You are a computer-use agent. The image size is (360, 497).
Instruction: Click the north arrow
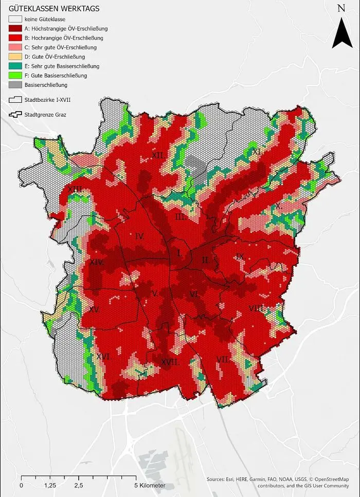340,32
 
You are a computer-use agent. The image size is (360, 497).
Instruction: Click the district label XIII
76,189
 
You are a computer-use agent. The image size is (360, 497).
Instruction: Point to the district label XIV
97,262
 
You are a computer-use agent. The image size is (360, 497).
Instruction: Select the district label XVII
170,362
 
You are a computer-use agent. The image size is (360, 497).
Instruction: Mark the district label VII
223,359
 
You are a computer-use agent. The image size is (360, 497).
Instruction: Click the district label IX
239,256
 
